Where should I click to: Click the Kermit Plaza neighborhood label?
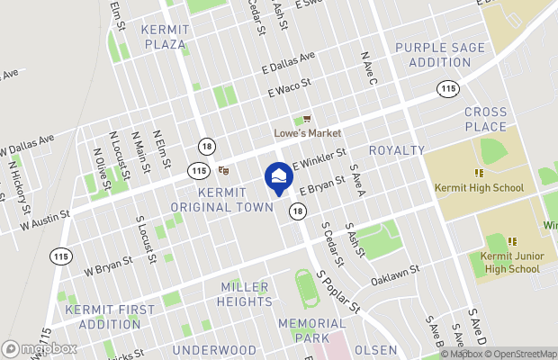point(163,36)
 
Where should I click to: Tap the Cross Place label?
point(486,119)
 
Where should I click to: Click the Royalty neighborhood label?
point(396,150)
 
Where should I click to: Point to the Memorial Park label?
point(310,329)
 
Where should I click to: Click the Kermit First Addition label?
point(103,317)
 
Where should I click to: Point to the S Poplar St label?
point(337,292)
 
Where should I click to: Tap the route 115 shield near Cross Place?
point(447,88)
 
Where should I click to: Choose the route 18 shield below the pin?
point(297,211)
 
